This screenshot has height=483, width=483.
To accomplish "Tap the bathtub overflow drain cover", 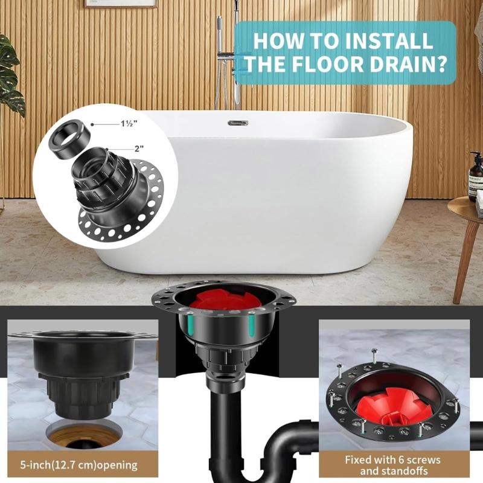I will (x=237, y=123).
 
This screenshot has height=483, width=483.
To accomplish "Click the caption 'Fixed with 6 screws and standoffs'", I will (x=392, y=465).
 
